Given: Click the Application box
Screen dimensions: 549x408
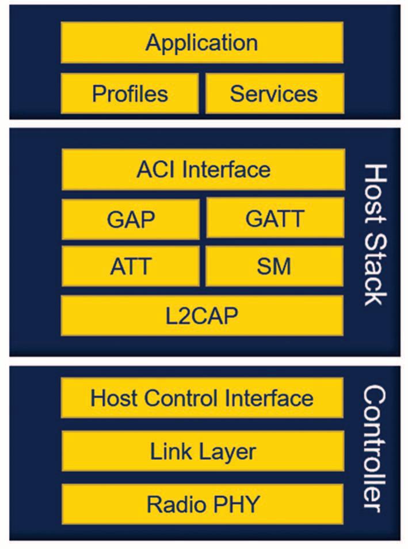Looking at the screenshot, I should click(x=202, y=43).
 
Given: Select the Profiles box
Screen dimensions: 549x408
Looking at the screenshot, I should click(x=130, y=93).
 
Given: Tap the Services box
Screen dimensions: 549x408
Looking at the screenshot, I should click(x=274, y=93).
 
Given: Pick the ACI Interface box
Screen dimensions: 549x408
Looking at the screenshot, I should click(x=203, y=169).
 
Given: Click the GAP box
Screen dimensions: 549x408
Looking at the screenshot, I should click(x=131, y=219).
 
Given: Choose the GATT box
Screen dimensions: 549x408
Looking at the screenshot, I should click(x=274, y=219).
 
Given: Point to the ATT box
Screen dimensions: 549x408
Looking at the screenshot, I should click(x=131, y=266).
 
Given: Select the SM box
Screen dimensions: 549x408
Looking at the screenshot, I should click(x=274, y=266).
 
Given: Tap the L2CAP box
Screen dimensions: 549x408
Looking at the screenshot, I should click(x=202, y=316).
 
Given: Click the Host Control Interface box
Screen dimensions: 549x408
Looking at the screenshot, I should click(x=202, y=398).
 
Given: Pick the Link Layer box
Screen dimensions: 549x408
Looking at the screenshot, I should click(x=202, y=451).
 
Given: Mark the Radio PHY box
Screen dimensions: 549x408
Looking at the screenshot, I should click(x=202, y=504).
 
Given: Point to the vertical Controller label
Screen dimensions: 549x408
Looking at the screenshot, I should click(x=375, y=448).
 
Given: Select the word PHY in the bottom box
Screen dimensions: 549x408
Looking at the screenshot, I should click(x=236, y=504).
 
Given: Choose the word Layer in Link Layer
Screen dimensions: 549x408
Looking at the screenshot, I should click(x=228, y=451).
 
